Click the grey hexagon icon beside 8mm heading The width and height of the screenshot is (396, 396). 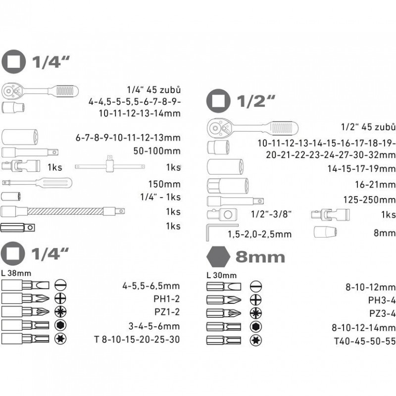[218, 256]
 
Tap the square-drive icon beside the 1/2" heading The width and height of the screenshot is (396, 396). [218, 101]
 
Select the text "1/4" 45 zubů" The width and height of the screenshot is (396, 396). [153, 90]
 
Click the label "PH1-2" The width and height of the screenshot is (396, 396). [167, 299]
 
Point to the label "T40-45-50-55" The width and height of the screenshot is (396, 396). [365, 341]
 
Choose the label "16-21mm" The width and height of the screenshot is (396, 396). [375, 185]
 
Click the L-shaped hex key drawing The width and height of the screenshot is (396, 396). [221, 232]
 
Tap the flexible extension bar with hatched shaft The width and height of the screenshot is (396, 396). [63, 211]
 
